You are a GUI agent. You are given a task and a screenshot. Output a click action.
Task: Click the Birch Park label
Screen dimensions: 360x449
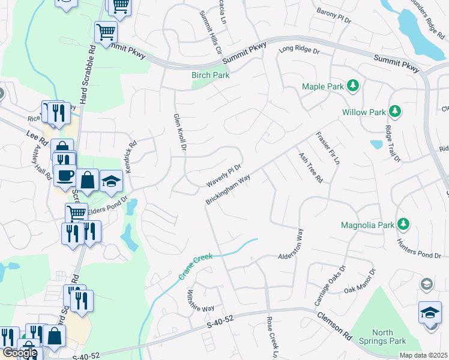(210, 76)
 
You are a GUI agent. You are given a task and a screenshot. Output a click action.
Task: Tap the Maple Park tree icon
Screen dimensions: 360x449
(354, 86)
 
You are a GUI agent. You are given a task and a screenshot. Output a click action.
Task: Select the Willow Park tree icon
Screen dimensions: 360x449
(395, 111)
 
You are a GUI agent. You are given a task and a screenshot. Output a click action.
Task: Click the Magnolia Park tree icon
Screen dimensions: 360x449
(405, 224)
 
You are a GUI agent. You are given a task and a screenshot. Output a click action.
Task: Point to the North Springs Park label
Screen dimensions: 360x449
(382, 337)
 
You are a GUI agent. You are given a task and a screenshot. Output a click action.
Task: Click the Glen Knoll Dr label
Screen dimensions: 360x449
(179, 133)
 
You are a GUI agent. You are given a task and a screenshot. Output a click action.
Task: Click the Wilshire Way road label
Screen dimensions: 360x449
(200, 300)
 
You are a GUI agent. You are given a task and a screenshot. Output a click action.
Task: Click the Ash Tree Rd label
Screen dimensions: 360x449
(311, 167)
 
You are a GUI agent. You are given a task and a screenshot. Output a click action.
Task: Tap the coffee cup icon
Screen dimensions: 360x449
(65, 175)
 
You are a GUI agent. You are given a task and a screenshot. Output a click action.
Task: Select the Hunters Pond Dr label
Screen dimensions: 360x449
(418, 249)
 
